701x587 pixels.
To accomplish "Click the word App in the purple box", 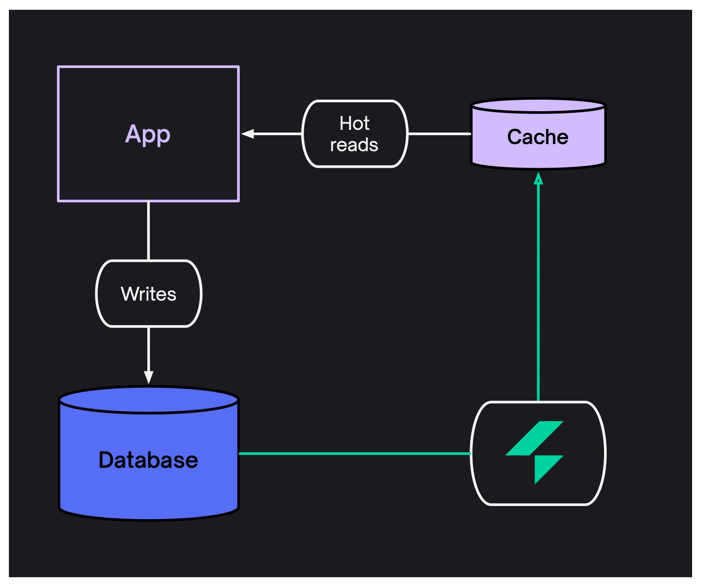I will point(148,134).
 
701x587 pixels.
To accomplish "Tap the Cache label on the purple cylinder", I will point(538,137).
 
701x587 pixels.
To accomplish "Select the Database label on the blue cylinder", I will point(148,460).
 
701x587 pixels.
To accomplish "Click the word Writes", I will point(149,294).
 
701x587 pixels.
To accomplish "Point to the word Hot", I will point(355,123).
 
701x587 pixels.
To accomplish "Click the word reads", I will point(354,145).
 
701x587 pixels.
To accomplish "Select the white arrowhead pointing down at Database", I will point(149,377).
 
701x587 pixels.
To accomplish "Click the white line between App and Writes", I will point(149,231).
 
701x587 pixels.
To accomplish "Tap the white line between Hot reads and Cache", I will point(439,133).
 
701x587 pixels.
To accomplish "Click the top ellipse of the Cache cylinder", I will point(538,106).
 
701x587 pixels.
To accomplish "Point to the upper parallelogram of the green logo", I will point(535,438).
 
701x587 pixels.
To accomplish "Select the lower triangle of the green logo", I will point(544,467).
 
